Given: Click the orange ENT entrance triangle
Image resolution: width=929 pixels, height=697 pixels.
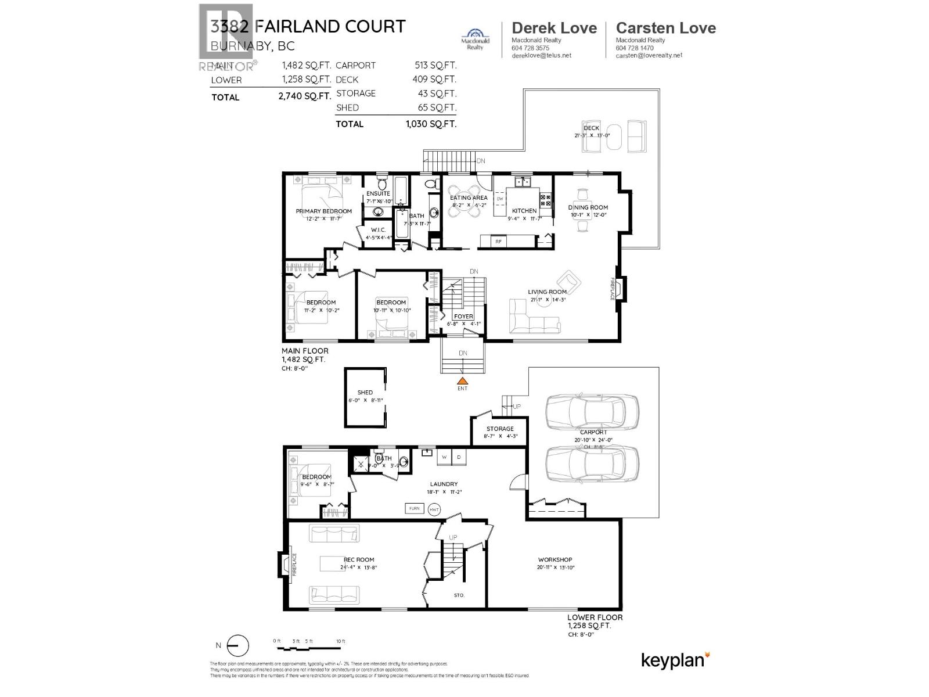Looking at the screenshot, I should point(462,380).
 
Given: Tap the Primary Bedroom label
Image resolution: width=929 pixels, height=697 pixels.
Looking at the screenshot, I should point(323,211).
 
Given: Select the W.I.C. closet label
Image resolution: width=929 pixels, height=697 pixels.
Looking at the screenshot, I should point(378,230).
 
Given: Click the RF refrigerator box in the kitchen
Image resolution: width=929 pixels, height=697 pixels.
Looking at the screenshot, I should point(498,241).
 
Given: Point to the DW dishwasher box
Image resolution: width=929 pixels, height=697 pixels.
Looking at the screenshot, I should point(499,199).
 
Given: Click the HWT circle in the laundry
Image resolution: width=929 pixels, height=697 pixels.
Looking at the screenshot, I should point(434,509).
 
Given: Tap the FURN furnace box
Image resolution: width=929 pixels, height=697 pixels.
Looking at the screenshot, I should point(414,509).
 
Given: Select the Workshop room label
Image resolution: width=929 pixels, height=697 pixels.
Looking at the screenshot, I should point(554,560).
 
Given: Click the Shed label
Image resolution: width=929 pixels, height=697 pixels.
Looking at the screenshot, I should point(365,393).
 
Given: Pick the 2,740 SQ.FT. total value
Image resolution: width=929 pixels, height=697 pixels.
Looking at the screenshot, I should point(304,96).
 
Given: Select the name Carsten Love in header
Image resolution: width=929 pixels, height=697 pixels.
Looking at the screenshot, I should point(665,28).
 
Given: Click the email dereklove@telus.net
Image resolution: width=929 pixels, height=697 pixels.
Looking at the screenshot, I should point(541,56).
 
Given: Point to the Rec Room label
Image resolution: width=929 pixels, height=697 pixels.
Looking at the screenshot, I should point(359,560).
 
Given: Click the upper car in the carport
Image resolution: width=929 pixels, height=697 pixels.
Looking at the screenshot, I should point(592,411).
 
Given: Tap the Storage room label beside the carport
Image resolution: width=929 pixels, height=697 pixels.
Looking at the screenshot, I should point(500,429).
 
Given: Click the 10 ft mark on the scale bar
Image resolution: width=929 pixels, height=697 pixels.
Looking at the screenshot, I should point(341,641).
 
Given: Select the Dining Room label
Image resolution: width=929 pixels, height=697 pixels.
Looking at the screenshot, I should point(588,207).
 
